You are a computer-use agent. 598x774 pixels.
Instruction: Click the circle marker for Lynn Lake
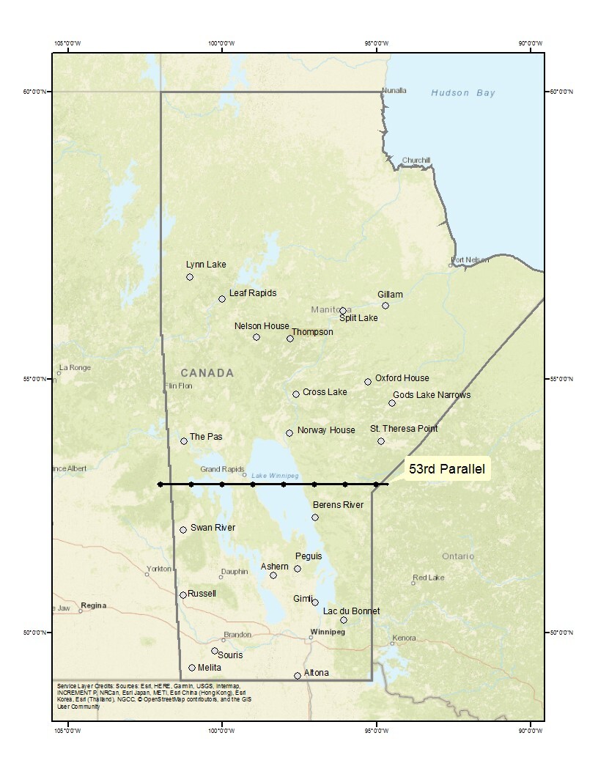[x=190, y=277]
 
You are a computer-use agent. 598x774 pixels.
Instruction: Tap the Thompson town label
[x=314, y=332]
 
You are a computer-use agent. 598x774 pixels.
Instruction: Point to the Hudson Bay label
[x=463, y=93]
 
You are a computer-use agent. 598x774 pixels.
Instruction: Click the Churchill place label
[x=416, y=161]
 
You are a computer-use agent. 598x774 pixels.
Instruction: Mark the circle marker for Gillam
[x=385, y=306]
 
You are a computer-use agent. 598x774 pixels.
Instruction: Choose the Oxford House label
[x=402, y=378]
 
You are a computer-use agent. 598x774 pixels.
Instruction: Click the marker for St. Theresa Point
[x=381, y=441]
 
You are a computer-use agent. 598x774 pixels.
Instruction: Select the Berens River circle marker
[x=315, y=517]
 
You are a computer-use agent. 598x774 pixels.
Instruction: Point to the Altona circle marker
[x=298, y=676]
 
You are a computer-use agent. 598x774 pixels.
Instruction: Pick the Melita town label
[x=210, y=668]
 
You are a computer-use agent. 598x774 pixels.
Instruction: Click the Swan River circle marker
[x=183, y=530]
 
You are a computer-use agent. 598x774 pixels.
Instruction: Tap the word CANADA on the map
[x=207, y=373]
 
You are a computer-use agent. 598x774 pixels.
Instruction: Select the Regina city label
[x=94, y=605]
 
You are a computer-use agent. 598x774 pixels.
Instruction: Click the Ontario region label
[x=458, y=556]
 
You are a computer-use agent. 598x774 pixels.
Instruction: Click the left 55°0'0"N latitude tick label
[x=34, y=379]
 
